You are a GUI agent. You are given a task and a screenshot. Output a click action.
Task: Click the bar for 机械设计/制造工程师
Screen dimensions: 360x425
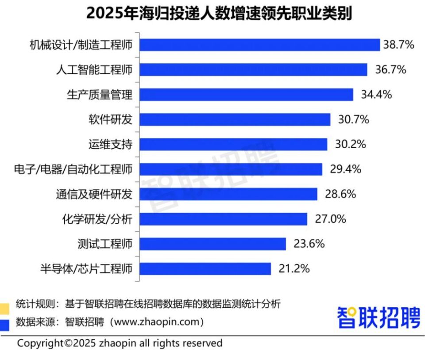click(260, 45)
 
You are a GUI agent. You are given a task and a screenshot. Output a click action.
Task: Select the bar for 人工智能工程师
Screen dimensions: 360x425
click(254, 69)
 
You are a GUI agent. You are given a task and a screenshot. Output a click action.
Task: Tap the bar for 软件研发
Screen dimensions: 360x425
click(235, 119)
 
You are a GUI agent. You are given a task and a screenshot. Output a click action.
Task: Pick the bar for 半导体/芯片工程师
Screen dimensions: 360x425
click(205, 268)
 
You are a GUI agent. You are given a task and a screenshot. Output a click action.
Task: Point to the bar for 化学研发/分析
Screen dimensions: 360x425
click(224, 219)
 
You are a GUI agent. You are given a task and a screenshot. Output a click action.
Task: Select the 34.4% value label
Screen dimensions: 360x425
click(376, 95)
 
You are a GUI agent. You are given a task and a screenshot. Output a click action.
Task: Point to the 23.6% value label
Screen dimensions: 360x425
click(309, 244)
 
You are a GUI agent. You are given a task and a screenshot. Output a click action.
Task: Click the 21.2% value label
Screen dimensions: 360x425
click(294, 268)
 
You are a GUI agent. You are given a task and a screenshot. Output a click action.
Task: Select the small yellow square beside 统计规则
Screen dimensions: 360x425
click(4, 309)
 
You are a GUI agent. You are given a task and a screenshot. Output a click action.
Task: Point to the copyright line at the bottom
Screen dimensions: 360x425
click(120, 343)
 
